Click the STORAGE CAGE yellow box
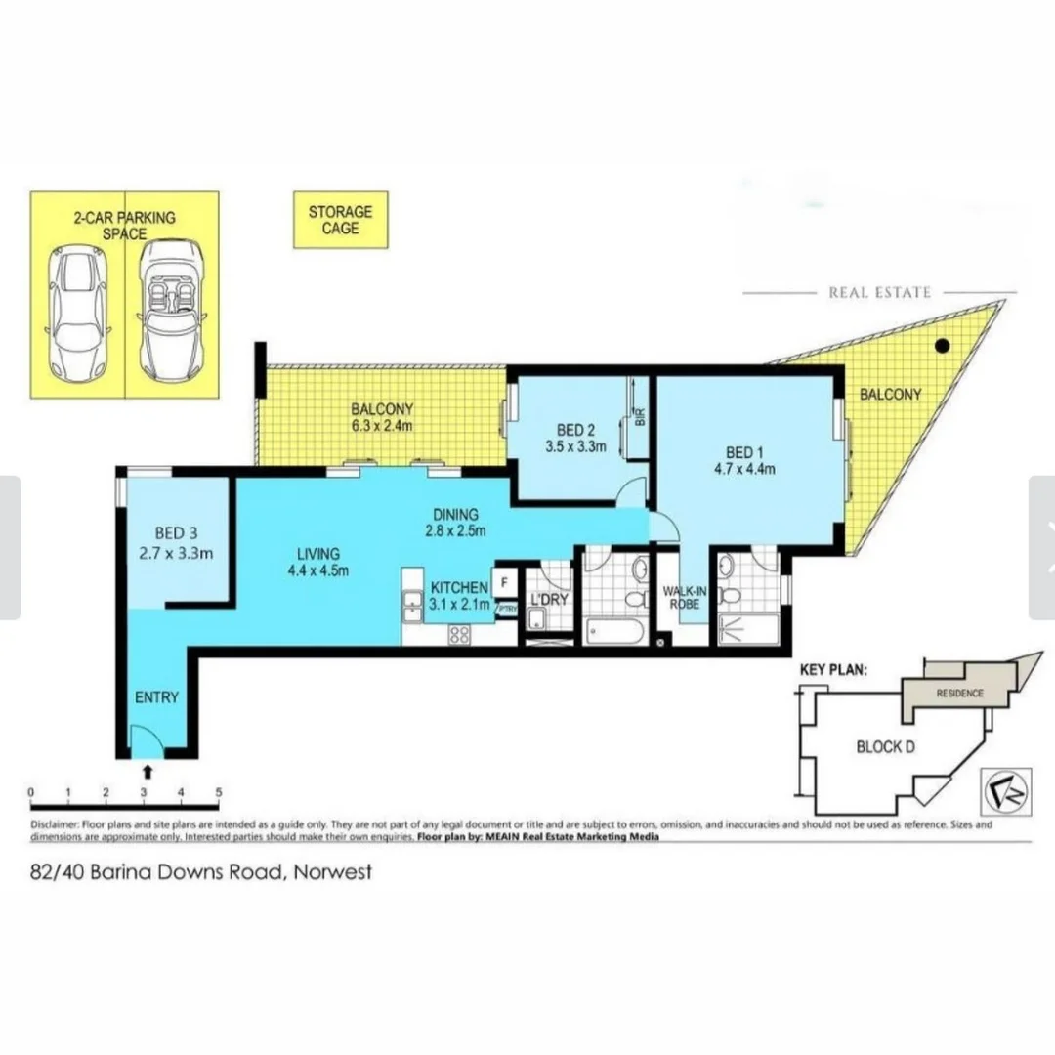coord(341,220)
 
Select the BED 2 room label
coord(576,430)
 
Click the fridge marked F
coord(505,583)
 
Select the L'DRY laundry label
coord(548,599)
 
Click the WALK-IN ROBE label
coord(680,598)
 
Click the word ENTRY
coord(156,697)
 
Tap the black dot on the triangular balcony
coord(942,345)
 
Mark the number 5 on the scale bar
coord(219,792)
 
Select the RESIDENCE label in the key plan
coord(959,694)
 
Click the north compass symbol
coord(998,785)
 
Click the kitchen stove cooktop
coord(457,633)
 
